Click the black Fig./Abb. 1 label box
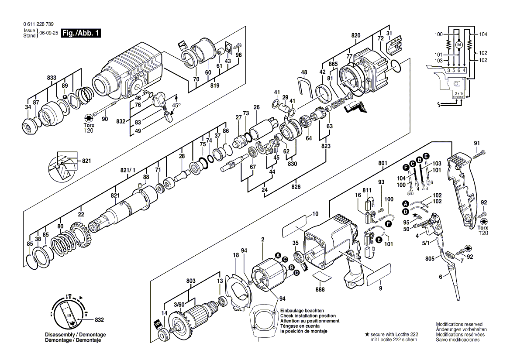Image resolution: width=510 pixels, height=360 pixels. tap(82, 33)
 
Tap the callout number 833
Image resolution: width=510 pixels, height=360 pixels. tap(52, 77)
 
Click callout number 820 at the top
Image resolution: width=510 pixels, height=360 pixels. tap(356, 35)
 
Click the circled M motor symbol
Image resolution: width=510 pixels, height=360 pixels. tap(458, 45)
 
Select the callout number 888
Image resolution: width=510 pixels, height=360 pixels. tap(320, 289)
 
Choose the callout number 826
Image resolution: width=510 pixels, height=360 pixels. tap(296, 187)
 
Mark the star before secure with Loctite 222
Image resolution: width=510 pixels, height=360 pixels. tap(367, 334)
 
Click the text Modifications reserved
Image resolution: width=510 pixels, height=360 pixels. tap(459, 324)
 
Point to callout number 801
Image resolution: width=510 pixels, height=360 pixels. tap(382, 164)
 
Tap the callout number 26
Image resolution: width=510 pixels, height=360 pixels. tap(256, 107)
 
